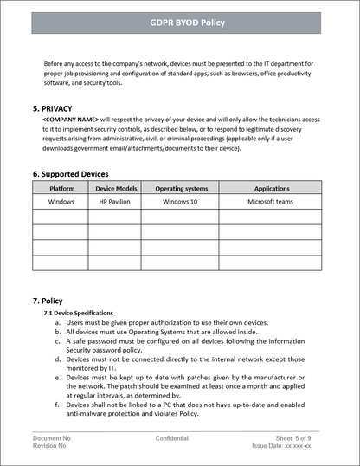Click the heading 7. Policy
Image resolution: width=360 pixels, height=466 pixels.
click(x=48, y=301)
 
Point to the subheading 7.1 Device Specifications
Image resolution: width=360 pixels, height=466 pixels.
click(x=79, y=313)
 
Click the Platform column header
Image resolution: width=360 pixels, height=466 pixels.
click(x=61, y=188)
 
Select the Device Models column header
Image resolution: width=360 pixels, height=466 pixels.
click(x=116, y=188)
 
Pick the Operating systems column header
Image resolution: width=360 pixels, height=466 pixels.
click(x=181, y=188)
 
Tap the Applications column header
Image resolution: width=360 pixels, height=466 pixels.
click(x=272, y=188)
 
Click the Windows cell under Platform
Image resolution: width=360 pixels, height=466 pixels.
click(x=61, y=202)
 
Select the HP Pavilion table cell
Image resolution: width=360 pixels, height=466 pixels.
click(x=116, y=202)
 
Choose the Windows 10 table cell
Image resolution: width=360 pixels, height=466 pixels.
click(x=181, y=202)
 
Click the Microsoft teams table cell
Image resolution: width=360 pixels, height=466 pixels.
click(x=272, y=202)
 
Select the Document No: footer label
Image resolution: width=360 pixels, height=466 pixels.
click(x=53, y=439)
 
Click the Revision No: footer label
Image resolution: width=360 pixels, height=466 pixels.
click(x=52, y=448)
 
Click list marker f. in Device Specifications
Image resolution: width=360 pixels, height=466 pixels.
click(x=57, y=405)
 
